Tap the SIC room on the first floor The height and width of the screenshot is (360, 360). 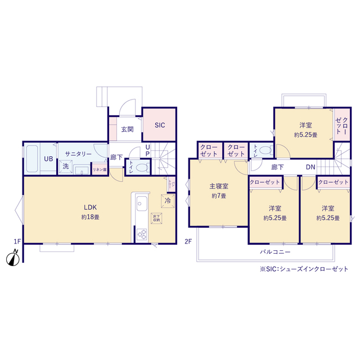click(x=160, y=125)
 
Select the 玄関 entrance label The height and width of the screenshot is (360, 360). click(x=127, y=129)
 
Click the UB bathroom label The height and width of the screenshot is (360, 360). click(x=49, y=158)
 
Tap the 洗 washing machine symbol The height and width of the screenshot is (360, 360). click(x=66, y=166)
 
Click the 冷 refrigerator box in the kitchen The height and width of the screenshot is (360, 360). click(x=168, y=200)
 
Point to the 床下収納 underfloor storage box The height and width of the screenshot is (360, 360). click(x=156, y=218)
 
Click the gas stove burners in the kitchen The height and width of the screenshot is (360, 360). click(x=141, y=235)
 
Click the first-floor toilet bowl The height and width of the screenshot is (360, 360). click(x=142, y=167)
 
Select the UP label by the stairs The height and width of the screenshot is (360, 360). click(x=147, y=150)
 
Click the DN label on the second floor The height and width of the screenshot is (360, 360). click(x=310, y=167)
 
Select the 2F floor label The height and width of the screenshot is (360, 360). click(x=188, y=242)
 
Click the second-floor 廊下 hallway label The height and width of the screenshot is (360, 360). click(x=277, y=167)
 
